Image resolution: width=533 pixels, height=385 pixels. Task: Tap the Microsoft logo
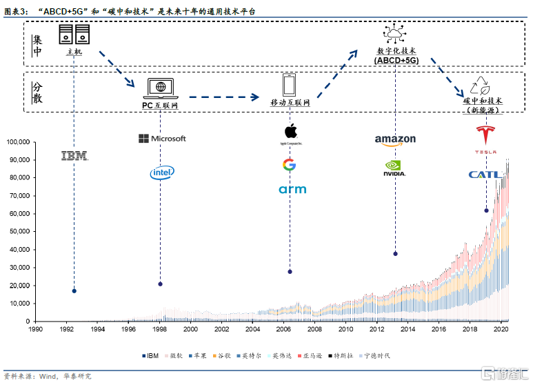pyautogui.click(x=162, y=139)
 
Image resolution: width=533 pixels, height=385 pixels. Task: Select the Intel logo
pyautogui.click(x=162, y=172)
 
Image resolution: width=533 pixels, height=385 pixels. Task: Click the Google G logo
pyautogui.click(x=289, y=165)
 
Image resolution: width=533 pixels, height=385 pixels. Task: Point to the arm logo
pyautogui.click(x=292, y=189)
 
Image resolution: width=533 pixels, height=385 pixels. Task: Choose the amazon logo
pyautogui.click(x=395, y=140)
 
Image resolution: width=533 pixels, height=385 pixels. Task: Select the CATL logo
pyautogui.click(x=485, y=175)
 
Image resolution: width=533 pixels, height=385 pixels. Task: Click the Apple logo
pyautogui.click(x=290, y=131)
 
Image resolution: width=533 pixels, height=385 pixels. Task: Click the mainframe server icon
pyautogui.click(x=74, y=35)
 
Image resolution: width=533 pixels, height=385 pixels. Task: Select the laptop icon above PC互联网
pyautogui.click(x=161, y=88)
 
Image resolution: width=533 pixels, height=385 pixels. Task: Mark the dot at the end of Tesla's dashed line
pyautogui.click(x=486, y=210)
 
